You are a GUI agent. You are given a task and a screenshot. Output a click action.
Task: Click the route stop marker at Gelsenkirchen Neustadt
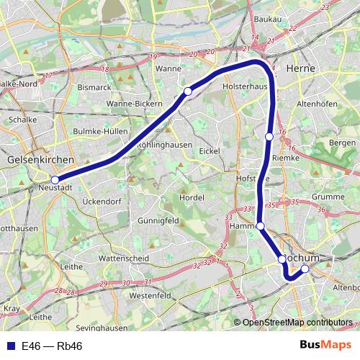[x=55, y=180]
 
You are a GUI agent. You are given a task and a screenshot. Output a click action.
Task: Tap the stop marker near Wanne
[x=188, y=91]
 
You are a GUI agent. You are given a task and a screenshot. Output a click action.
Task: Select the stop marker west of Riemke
[x=269, y=136]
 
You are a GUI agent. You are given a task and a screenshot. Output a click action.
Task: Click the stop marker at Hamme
[x=261, y=226]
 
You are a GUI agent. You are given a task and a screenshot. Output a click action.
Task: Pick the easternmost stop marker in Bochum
[x=305, y=269]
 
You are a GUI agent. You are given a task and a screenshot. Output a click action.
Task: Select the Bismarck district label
[x=94, y=87]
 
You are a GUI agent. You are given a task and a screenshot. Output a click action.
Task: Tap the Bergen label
[x=342, y=143]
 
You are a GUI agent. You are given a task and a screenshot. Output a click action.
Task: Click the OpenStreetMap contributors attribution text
[x=297, y=322]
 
